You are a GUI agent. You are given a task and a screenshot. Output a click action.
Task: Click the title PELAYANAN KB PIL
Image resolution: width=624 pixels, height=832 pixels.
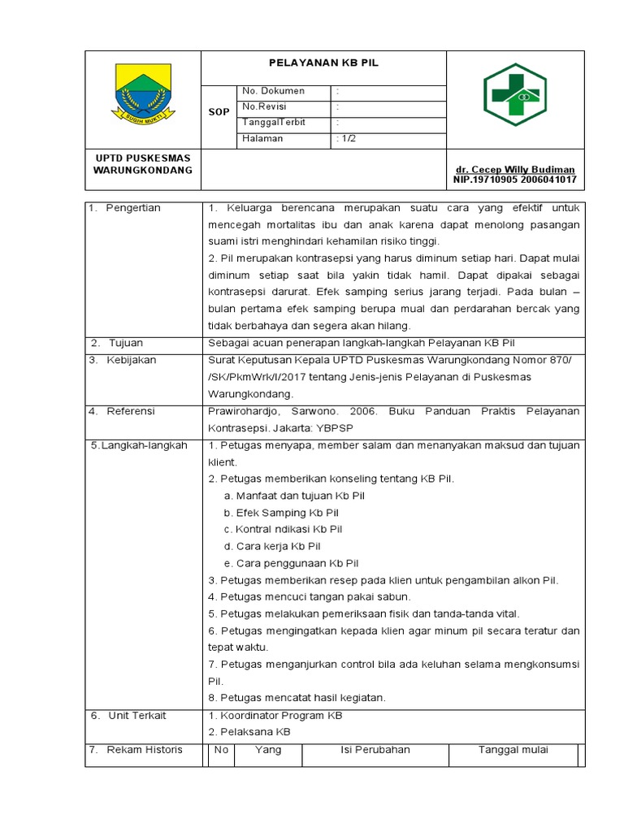(323, 63)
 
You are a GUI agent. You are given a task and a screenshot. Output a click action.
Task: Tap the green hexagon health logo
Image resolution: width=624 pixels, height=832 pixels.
(515, 94)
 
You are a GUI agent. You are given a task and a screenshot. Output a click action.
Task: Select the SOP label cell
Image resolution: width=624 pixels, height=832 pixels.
(219, 112)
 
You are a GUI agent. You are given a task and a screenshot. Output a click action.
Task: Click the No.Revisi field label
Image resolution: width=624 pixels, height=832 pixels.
(265, 106)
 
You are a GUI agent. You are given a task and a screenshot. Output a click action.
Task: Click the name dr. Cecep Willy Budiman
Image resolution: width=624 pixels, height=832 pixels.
(516, 169)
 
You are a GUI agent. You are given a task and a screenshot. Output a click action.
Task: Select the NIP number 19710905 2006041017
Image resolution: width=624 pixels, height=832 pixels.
(515, 179)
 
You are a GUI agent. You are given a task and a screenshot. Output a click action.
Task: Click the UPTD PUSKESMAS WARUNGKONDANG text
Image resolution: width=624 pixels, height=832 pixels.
(143, 163)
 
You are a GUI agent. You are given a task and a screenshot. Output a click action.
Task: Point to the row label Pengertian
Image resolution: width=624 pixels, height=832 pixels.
(133, 208)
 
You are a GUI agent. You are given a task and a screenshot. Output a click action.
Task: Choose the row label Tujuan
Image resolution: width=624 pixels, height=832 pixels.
(125, 343)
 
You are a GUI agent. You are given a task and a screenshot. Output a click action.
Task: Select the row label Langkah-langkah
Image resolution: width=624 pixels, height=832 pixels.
(139, 445)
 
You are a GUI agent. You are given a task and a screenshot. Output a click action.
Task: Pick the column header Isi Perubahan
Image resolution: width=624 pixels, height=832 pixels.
(375, 750)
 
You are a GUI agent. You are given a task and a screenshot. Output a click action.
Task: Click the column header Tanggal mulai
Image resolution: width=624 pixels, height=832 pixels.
(513, 750)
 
